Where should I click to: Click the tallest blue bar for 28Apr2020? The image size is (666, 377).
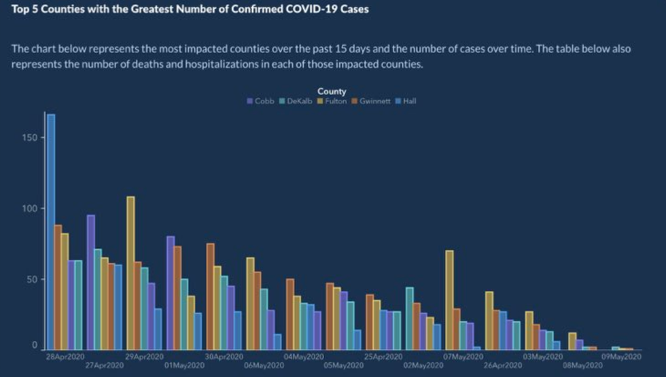tap(51, 231)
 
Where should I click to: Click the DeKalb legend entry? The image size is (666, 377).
tap(296, 101)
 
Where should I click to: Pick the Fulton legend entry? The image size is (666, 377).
tap(332, 101)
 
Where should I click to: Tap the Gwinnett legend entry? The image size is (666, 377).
tap(370, 101)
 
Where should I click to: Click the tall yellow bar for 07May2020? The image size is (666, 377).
tap(449, 300)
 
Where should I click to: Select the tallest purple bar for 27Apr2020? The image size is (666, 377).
tap(91, 282)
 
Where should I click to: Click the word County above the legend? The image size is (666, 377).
tap(332, 91)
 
